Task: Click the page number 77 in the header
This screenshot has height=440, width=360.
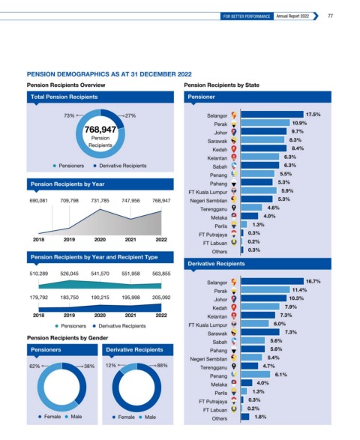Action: pyautogui.click(x=330, y=16)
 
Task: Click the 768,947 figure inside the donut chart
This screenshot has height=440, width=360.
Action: pyautogui.click(x=100, y=130)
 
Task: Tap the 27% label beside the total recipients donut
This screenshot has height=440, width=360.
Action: pyautogui.click(x=130, y=115)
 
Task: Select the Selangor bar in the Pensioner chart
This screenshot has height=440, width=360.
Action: pyautogui.click(x=272, y=115)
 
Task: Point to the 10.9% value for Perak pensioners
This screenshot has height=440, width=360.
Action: pyautogui.click(x=299, y=123)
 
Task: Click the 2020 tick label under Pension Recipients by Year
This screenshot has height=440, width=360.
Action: pyautogui.click(x=100, y=240)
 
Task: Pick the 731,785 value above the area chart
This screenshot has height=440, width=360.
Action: pyautogui.click(x=100, y=201)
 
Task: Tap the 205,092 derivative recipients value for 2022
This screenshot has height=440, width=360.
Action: pyautogui.click(x=161, y=298)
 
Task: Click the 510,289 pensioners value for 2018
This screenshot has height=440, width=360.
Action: pyautogui.click(x=39, y=274)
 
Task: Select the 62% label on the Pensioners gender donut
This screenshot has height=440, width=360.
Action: pyautogui.click(x=34, y=367)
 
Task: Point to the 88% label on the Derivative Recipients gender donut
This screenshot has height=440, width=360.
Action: pyautogui.click(x=162, y=365)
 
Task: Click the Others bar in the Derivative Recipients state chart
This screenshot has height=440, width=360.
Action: pyautogui.click(x=244, y=417)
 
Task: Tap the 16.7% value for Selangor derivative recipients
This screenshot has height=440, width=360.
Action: pyautogui.click(x=313, y=281)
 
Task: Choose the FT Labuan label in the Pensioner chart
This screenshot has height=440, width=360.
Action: pyautogui.click(x=215, y=243)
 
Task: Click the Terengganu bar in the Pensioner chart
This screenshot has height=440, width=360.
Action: pyautogui.click(x=251, y=208)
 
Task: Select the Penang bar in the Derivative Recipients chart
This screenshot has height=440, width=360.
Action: pyautogui.click(x=256, y=374)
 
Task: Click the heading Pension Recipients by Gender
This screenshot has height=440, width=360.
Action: pyautogui.click(x=67, y=338)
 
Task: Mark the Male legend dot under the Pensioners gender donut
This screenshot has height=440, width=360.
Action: pyautogui.click(x=67, y=417)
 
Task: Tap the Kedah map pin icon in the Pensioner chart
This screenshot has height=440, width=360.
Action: pyautogui.click(x=234, y=148)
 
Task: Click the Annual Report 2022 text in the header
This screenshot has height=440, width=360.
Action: pyautogui.click(x=292, y=16)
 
